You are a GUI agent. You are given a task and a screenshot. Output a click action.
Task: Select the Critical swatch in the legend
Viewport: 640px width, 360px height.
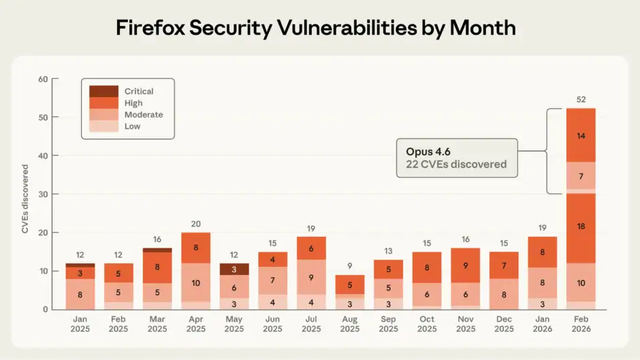(x=104, y=91)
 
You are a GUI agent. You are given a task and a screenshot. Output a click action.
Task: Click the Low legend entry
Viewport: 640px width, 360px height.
(x=133, y=127)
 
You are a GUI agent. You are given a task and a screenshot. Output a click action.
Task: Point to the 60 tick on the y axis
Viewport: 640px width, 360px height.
(x=44, y=79)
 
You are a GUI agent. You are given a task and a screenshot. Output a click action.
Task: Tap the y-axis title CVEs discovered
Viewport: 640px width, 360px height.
(x=25, y=199)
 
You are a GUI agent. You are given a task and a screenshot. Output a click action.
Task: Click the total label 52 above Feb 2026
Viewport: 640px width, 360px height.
(x=581, y=99)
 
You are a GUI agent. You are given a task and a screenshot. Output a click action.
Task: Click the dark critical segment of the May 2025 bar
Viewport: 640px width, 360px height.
(x=234, y=269)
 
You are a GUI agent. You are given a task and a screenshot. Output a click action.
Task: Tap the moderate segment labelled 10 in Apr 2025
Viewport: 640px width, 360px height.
(x=195, y=282)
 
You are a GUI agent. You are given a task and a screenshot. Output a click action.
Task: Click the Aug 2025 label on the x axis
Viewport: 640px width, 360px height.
(x=350, y=324)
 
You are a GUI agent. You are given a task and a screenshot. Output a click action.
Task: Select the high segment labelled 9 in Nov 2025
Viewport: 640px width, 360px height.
(x=466, y=266)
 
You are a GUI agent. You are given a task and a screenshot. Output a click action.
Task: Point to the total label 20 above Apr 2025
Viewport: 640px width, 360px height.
(x=195, y=224)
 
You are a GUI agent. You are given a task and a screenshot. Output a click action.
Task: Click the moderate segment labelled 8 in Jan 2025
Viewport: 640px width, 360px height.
(x=80, y=295)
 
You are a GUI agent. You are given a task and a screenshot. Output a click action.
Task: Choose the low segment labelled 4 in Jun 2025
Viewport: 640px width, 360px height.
(x=273, y=302)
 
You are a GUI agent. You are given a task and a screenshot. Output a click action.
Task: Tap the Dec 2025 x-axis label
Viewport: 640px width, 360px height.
(x=504, y=324)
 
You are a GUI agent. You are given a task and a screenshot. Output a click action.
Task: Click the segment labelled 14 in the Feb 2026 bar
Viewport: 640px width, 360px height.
(x=581, y=135)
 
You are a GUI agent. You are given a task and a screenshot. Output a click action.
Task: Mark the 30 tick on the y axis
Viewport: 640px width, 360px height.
(x=44, y=194)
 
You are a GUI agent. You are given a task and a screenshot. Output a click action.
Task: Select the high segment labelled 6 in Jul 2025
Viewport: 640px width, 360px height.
(x=311, y=249)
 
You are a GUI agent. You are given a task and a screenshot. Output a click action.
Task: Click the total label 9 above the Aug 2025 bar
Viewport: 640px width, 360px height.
(x=350, y=266)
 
